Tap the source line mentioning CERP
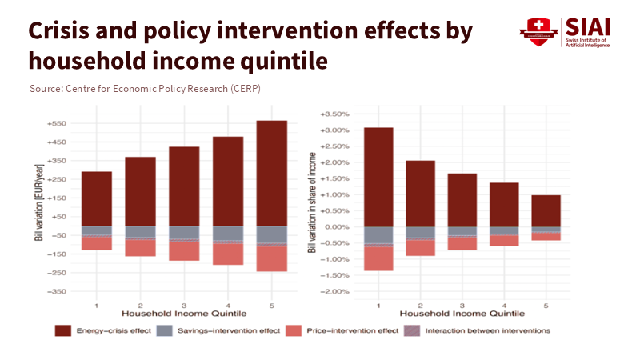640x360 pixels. [144, 88]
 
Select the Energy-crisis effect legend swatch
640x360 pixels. [63, 330]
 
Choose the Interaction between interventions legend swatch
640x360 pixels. [410, 330]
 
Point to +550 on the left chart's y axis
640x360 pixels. [58, 124]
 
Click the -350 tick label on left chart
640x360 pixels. [58, 291]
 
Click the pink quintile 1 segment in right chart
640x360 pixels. [378, 258]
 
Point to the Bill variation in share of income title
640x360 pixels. [312, 204]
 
